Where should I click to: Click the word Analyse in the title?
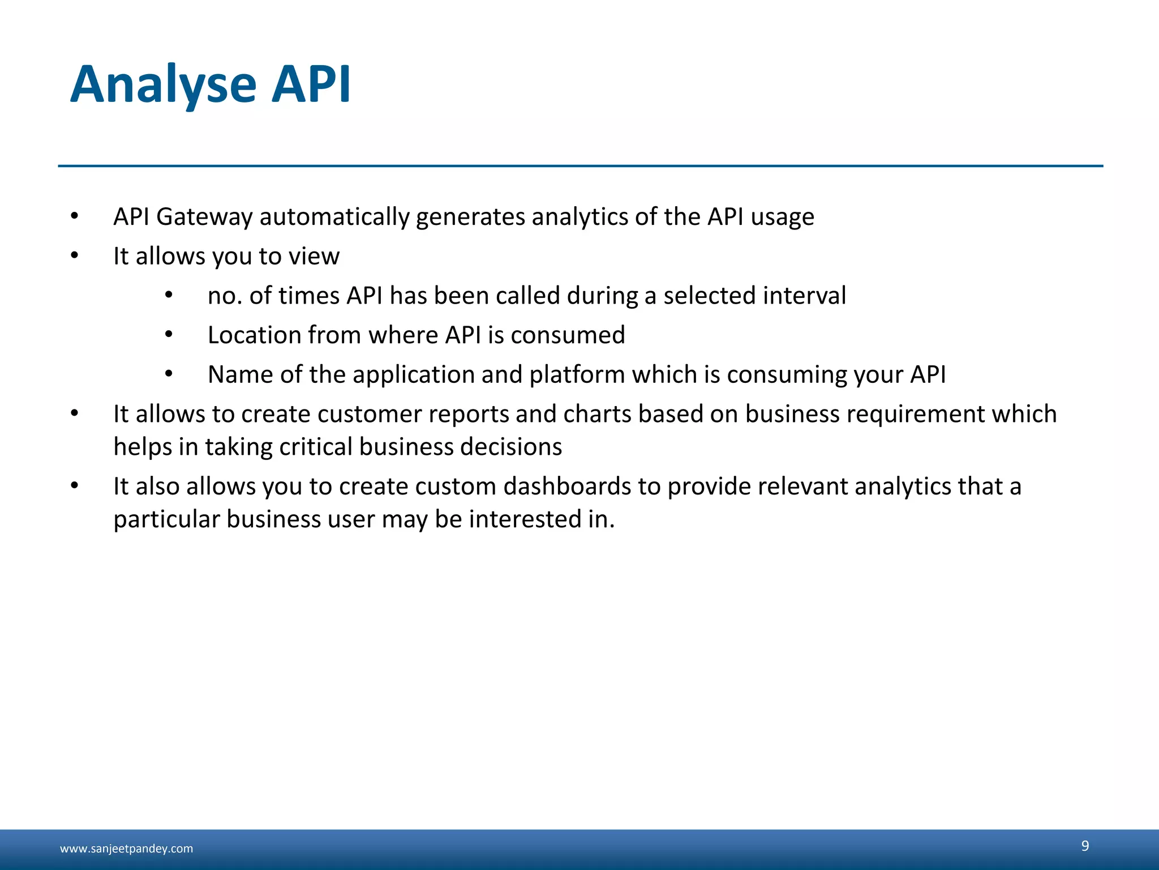[x=164, y=85]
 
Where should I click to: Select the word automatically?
[x=334, y=217]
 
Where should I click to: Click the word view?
[x=314, y=257]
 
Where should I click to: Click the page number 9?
[x=1085, y=846]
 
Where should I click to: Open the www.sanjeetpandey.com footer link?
[x=126, y=848]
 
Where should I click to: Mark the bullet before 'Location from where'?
[x=169, y=335]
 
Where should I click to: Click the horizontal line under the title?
[x=580, y=166]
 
